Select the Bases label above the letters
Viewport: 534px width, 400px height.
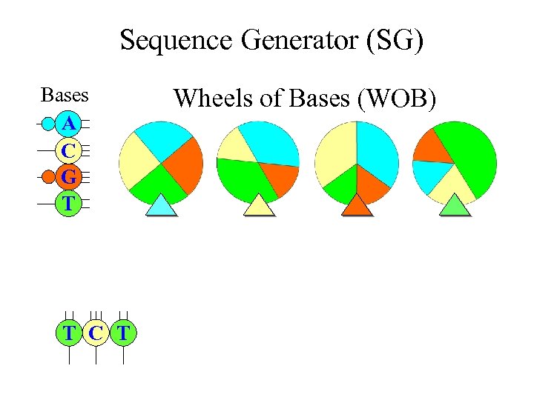pos(65,96)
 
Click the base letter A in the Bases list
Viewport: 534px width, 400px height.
pos(68,123)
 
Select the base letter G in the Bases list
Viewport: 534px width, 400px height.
pos(68,177)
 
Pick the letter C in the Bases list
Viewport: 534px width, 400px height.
pos(68,150)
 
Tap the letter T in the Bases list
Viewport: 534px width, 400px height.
pos(68,203)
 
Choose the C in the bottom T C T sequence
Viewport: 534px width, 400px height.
pos(96,333)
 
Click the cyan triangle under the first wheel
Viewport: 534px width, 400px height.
pos(161,206)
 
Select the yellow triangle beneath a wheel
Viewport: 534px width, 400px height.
pos(259,206)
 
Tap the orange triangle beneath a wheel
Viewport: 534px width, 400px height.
pos(357,206)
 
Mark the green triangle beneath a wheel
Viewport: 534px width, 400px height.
pos(455,206)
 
